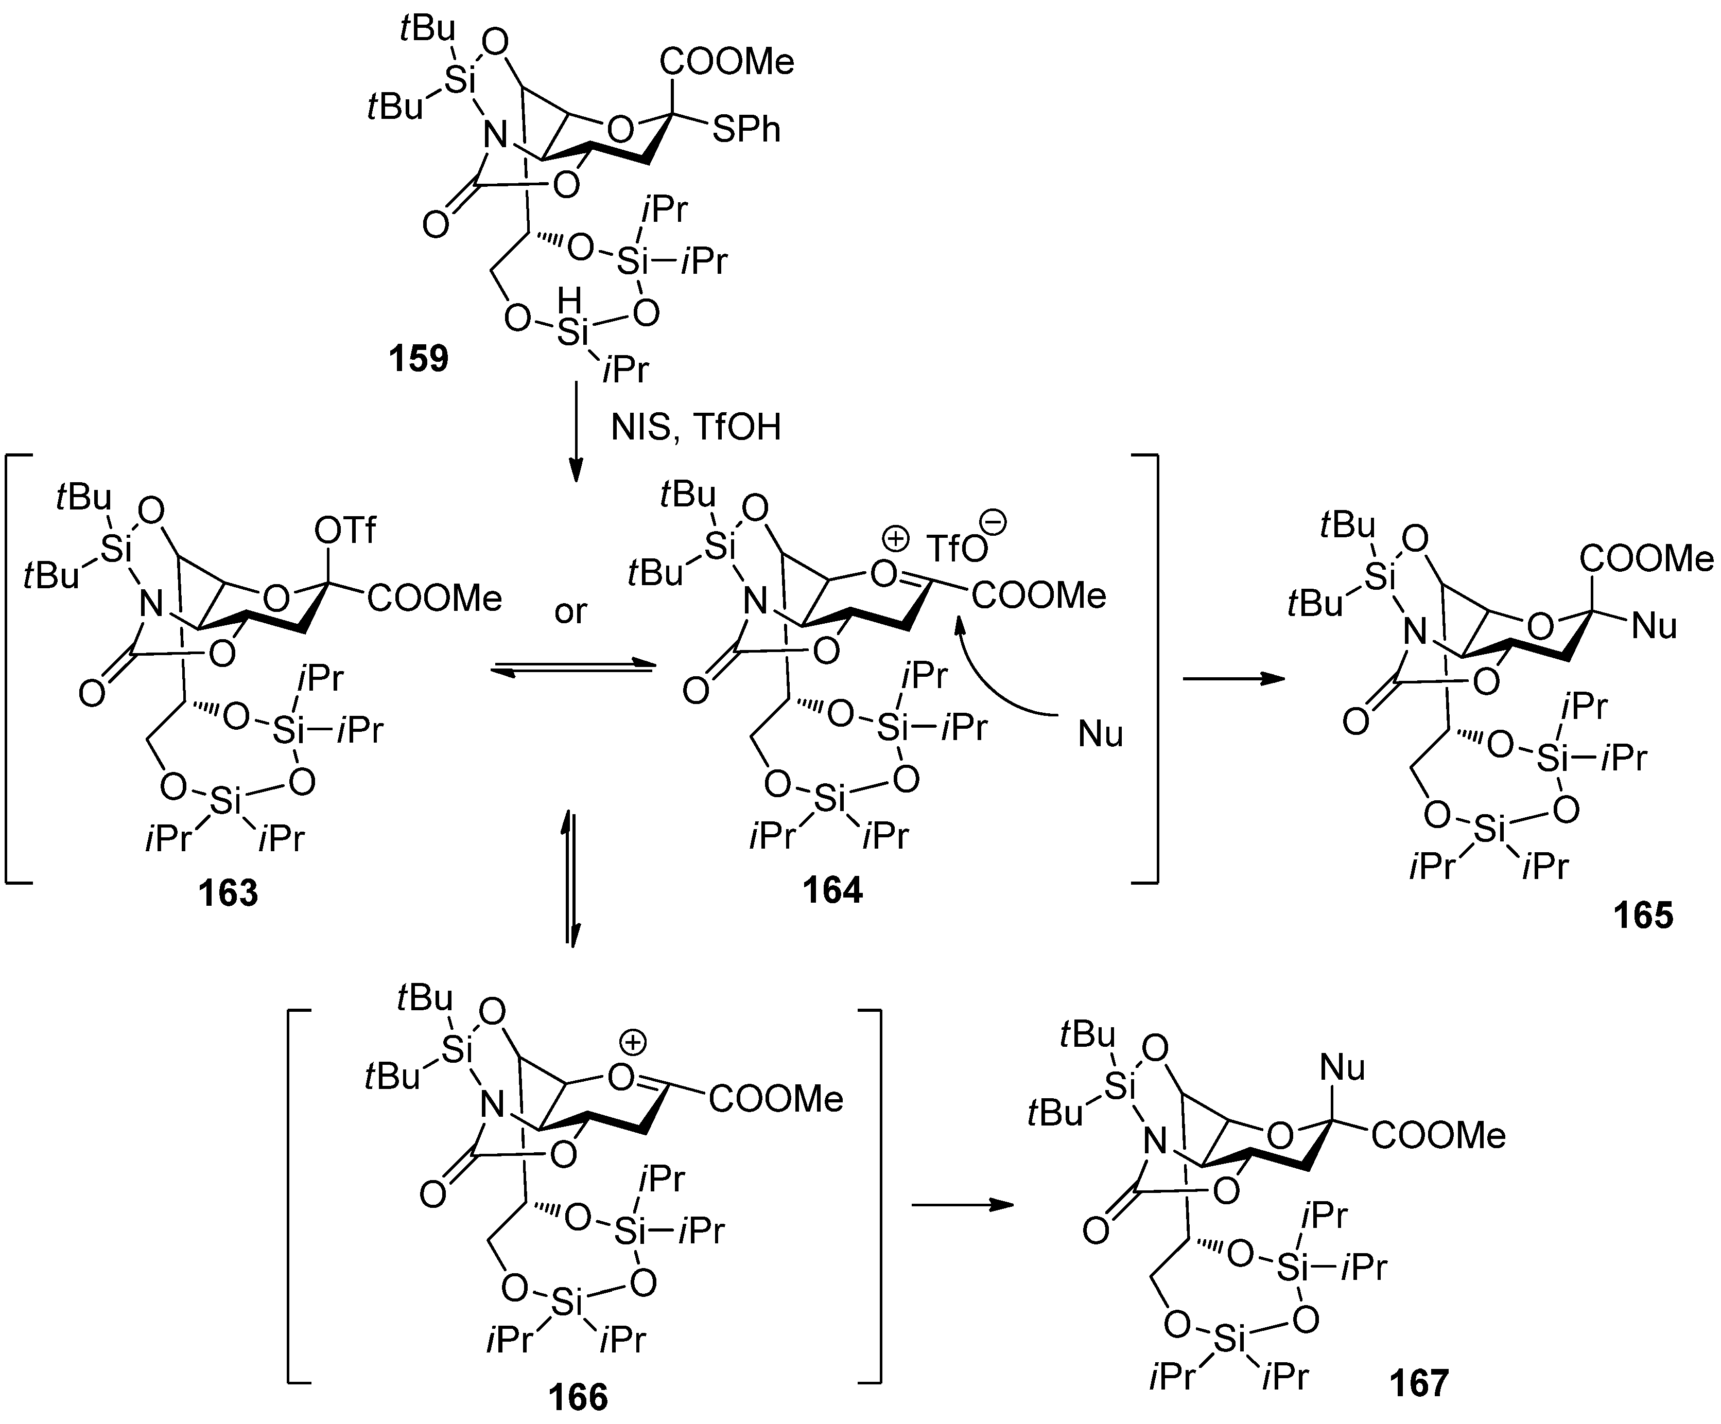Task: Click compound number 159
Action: point(419,359)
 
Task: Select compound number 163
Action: point(228,893)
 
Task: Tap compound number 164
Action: point(832,890)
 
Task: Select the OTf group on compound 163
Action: point(345,531)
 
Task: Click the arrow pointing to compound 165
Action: point(1233,678)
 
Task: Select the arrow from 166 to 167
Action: point(962,1204)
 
